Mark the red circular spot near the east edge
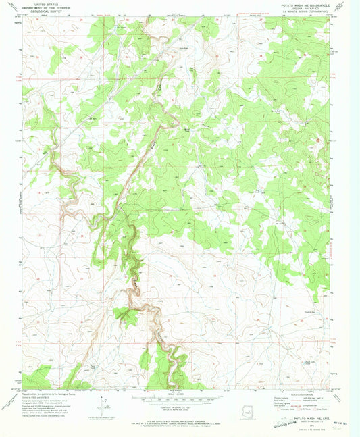(x=320, y=140)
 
